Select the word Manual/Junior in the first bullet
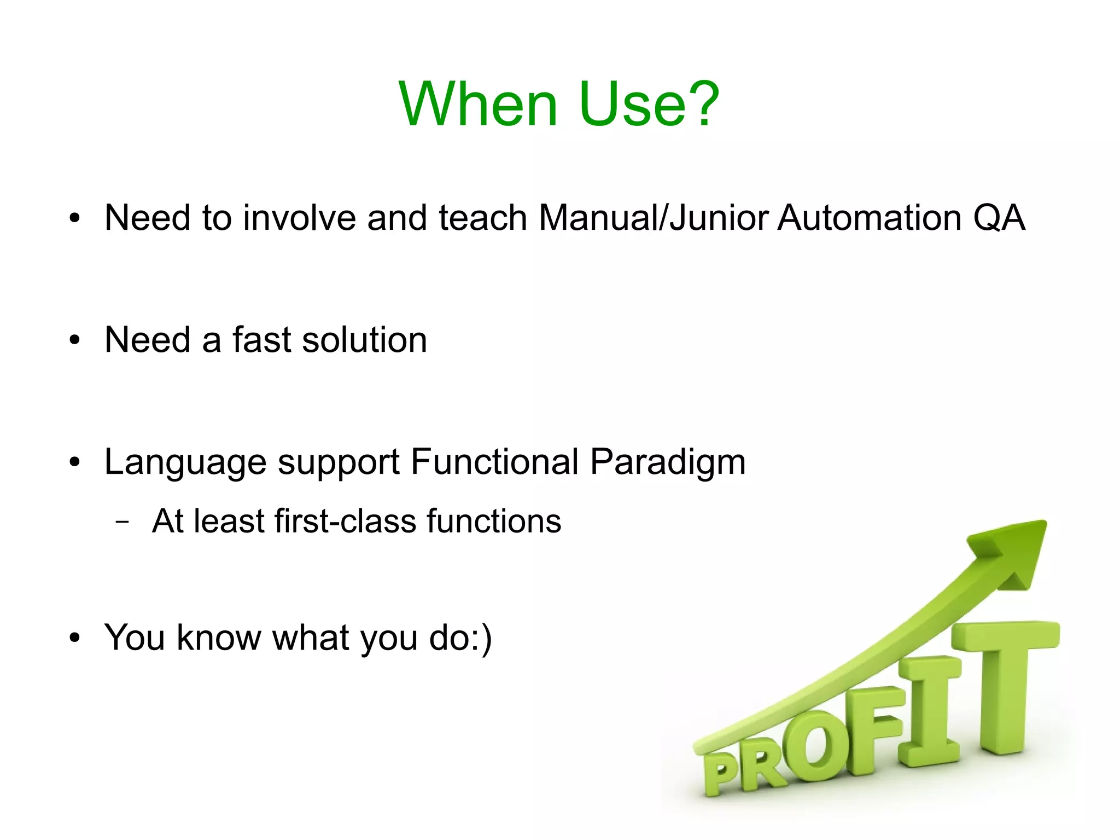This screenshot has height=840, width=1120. point(655,218)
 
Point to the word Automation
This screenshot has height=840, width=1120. point(869,218)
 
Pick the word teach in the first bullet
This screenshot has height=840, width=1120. point(483,218)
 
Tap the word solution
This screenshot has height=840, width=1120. point(364,340)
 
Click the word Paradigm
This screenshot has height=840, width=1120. point(668,463)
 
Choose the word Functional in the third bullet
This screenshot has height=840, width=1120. point(494,462)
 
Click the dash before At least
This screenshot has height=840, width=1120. point(123,522)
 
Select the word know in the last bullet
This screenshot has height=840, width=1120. point(219,638)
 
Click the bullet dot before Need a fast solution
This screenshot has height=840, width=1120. point(75,340)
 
